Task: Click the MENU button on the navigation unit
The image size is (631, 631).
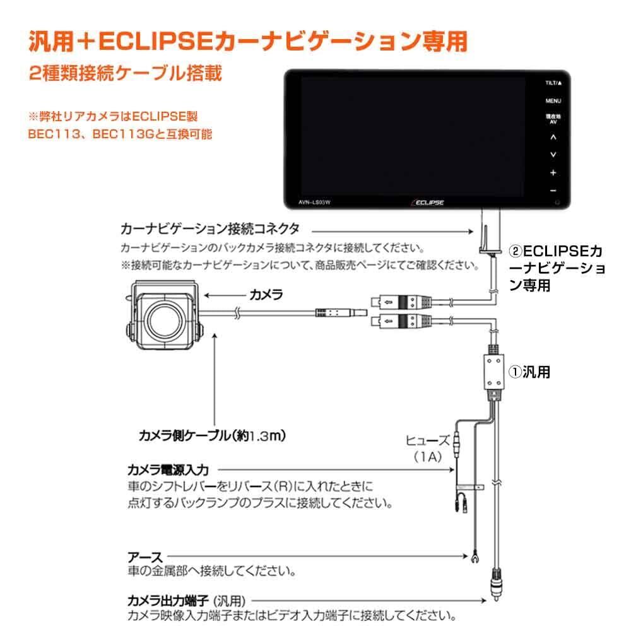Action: [x=553, y=101]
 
